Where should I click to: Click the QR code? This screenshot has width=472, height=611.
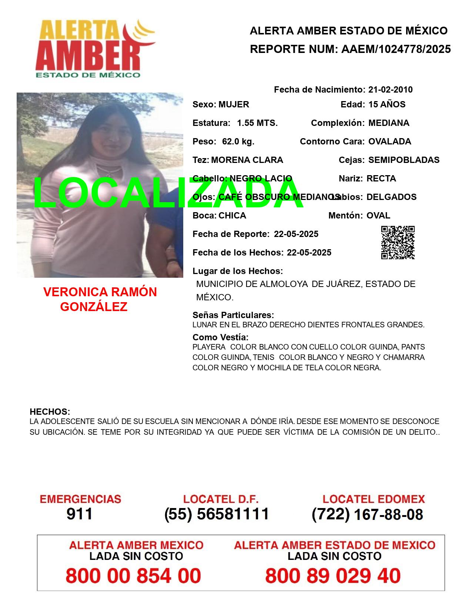398,243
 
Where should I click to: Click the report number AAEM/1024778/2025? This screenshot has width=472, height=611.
396,49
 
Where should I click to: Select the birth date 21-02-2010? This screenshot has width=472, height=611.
390,90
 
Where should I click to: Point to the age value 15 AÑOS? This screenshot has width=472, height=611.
387,104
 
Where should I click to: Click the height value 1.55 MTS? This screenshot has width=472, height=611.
257,123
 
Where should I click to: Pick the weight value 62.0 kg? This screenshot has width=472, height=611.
238,141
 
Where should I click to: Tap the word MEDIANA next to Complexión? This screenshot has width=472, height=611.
389,123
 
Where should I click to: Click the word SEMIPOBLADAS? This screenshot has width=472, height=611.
404,160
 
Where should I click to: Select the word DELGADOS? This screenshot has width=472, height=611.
391,197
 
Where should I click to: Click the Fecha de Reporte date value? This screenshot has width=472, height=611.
296,234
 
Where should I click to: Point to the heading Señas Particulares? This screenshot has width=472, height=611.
233,315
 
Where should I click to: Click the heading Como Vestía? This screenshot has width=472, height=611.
220,337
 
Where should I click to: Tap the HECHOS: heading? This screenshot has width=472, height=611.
50,412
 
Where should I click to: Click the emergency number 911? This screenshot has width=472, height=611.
80,514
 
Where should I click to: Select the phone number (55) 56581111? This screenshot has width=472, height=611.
217,514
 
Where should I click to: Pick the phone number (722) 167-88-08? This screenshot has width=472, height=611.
367,514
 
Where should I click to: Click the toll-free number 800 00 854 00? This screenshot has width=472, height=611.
133,576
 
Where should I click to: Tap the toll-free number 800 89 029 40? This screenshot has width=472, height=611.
333,576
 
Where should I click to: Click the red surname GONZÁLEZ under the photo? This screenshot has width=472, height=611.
94,307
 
